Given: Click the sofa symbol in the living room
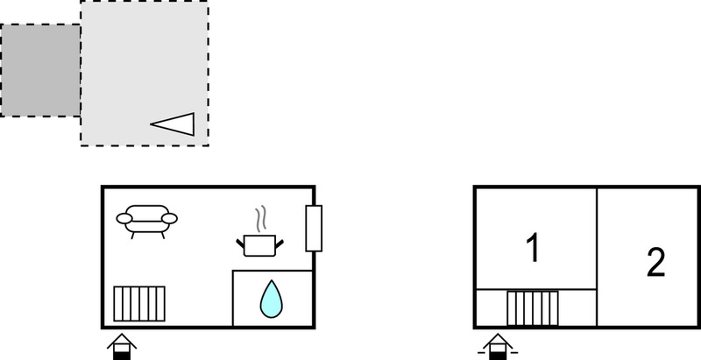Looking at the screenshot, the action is tap(146, 221).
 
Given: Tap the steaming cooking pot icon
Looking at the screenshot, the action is tap(259, 232).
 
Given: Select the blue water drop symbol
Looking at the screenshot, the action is tap(272, 299).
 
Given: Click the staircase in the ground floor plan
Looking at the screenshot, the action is tap(139, 304).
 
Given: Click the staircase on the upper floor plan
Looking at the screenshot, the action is tap(533, 308).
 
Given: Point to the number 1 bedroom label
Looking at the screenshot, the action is tap(533, 248).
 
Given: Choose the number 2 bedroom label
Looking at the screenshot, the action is tap(655, 263).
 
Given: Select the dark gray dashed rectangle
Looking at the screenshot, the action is tap(40, 71).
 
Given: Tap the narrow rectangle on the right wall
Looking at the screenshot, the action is tap(314, 229).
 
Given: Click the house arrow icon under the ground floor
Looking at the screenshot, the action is tap(122, 347).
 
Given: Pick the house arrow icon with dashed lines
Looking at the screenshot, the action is tap(498, 347).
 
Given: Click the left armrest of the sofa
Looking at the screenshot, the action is tap(124, 218).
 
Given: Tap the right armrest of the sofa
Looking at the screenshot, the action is tap(169, 218).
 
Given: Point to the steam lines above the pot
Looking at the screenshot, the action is tap(260, 218).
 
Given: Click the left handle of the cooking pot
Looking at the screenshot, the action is tap(240, 244).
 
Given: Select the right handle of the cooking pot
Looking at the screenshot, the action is tap(280, 244).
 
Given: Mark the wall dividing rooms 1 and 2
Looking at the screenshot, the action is tap(597, 257).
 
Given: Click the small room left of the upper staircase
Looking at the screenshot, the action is tap(492, 308).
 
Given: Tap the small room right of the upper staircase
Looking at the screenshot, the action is tap(577, 308).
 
